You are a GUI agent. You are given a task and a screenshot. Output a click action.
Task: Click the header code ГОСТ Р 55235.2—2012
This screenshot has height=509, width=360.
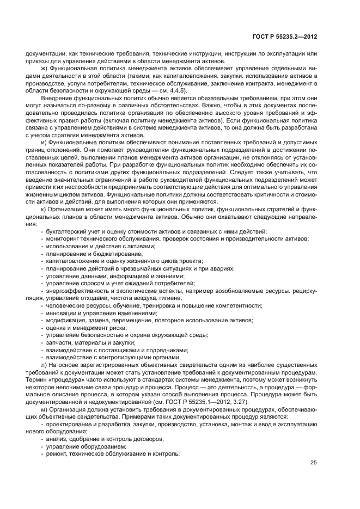click(285, 36)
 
